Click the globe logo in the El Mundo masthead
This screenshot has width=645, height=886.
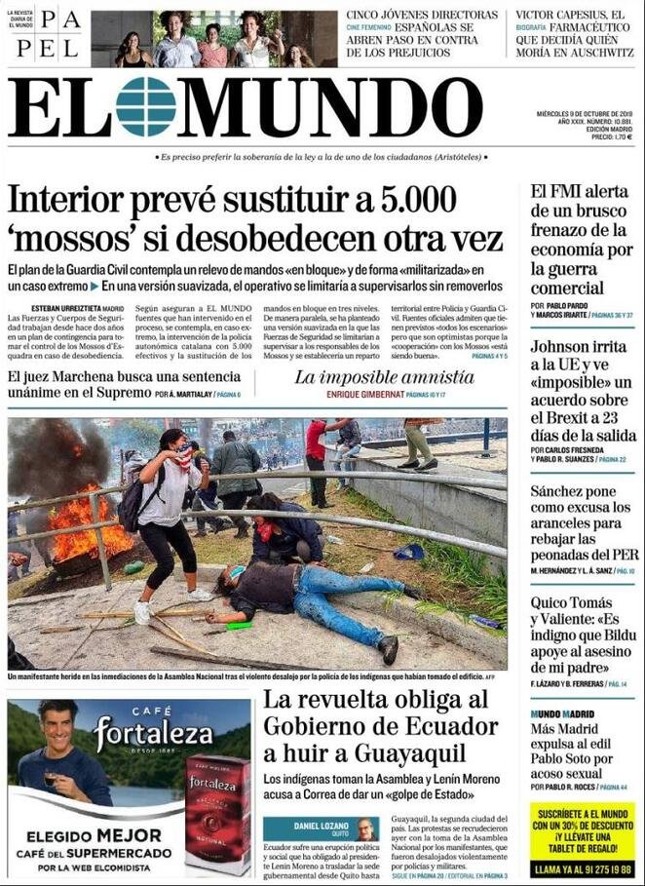pyautogui.click(x=145, y=107)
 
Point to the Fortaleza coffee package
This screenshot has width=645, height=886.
pyautogui.click(x=216, y=814)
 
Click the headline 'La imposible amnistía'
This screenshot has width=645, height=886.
pyautogui.click(x=370, y=376)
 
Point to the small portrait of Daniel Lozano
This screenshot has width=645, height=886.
pyautogui.click(x=365, y=829)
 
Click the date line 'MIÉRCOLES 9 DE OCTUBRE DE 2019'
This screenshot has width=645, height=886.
pyautogui.click(x=586, y=113)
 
